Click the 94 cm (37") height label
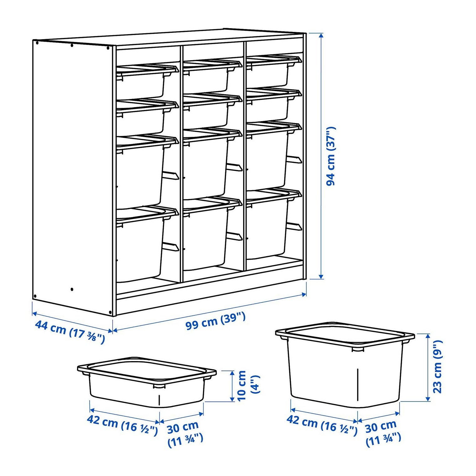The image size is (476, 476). click(331, 156)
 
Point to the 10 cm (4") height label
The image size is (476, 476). click(248, 385)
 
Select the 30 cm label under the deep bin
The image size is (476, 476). click(383, 434)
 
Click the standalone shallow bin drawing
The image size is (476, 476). click(147, 382)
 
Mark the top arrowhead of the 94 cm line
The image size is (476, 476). click(321, 35)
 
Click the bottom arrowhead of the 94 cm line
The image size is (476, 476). click(321, 276)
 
